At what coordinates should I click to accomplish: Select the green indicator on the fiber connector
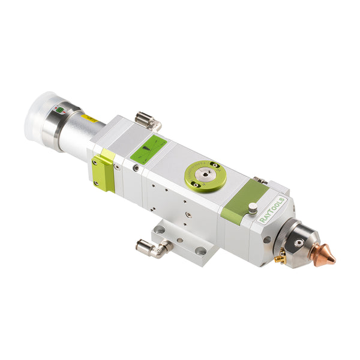pyautogui.click(x=59, y=109)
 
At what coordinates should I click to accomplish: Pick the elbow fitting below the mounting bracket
pyautogui.click(x=154, y=248)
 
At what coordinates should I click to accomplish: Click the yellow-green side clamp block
pyautogui.click(x=103, y=171)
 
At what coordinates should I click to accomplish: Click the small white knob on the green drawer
pyautogui.click(x=253, y=208)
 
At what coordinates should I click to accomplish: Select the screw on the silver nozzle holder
pyautogui.click(x=299, y=243)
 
